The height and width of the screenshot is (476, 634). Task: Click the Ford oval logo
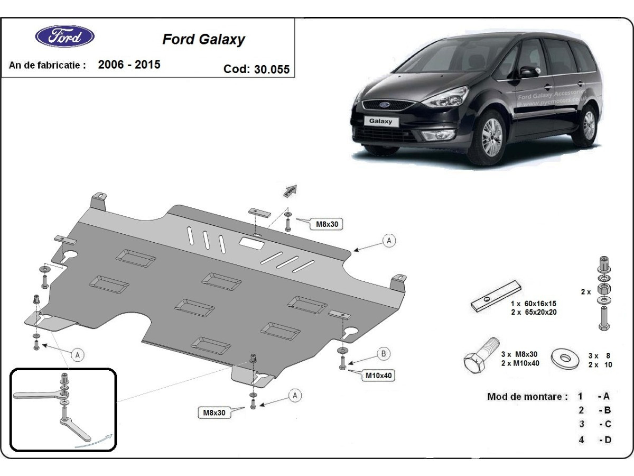65,36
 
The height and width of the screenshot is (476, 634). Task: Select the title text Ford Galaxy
203,40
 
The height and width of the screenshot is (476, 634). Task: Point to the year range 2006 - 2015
129,65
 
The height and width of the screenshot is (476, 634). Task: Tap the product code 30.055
272,69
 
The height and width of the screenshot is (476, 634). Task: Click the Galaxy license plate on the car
380,121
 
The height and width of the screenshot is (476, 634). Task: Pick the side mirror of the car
528,71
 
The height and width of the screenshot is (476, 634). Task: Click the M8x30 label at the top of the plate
327,224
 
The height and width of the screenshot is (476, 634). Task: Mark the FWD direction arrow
290,191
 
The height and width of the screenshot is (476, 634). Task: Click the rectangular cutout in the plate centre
252,243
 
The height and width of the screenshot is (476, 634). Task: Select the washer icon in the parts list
565,359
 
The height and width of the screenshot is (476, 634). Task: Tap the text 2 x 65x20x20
534,312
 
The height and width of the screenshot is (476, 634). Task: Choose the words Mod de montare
527,396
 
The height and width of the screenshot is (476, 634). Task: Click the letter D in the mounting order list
607,440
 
